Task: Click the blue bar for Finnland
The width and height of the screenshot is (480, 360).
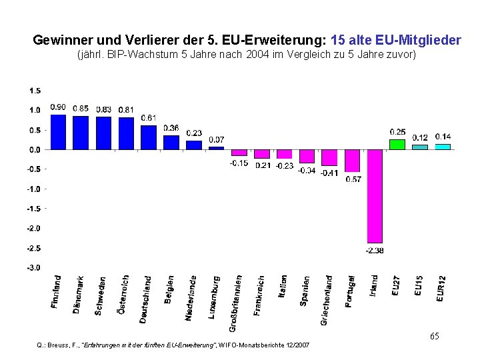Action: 58,132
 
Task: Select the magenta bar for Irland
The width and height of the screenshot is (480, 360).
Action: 375,196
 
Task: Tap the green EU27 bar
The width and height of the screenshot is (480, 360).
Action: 397,144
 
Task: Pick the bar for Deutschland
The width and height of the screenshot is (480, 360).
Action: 148,137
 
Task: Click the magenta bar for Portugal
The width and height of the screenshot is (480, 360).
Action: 352,160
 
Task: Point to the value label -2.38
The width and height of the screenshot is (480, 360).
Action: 375,250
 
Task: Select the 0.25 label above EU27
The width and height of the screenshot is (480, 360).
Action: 398,132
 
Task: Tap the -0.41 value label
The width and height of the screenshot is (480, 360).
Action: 329,173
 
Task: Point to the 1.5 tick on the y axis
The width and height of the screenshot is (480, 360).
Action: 35,91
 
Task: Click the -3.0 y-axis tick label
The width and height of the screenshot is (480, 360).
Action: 33,267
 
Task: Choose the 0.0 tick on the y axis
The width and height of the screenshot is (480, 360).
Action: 35,149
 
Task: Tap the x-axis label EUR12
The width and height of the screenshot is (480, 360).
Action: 441,288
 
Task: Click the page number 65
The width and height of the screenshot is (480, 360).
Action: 434,336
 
